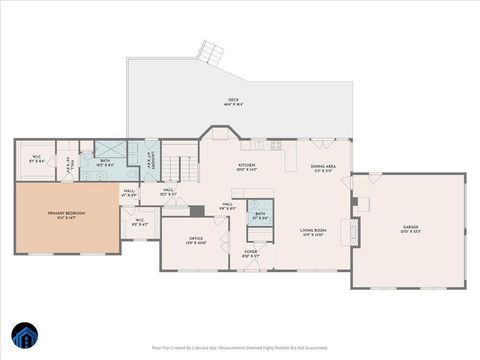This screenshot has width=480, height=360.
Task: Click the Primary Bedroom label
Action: coord(67,215)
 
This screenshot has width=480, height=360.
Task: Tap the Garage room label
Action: coord(410,230)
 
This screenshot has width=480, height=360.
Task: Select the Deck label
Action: coord(233,101)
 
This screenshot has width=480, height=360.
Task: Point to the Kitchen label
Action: coord(245,168)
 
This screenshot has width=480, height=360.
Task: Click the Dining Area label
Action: coord(323,168)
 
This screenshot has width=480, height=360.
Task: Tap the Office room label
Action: coord(196,240)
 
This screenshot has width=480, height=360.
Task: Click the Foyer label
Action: coord(251,254)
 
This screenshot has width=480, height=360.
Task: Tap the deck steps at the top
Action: coord(210,51)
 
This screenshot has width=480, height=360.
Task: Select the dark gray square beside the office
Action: coord(197,211)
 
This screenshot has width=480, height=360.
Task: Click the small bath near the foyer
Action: coord(260,215)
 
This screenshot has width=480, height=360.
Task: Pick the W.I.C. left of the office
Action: coord(140,223)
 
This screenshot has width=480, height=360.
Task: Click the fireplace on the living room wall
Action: coord(354,232)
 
